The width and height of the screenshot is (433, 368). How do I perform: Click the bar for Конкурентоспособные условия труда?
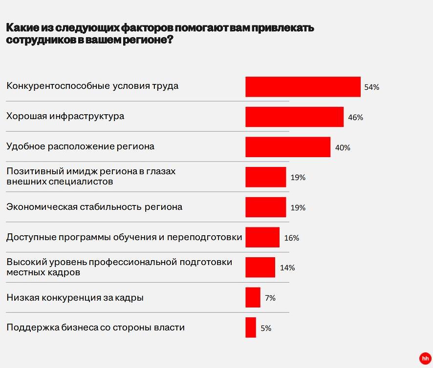tap(303, 87)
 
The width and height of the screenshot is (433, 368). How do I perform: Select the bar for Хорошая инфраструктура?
tap(295, 117)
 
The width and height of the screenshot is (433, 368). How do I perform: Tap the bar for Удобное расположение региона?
tap(288, 147)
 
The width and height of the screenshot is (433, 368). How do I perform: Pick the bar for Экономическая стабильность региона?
tap(266, 207)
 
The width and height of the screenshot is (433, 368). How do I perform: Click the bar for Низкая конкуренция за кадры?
tap(253, 297)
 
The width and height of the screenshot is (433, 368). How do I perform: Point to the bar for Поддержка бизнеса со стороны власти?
tap(251, 327)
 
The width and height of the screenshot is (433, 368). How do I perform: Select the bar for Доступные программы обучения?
tap(262, 237)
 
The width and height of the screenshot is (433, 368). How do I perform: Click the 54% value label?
tap(372, 87)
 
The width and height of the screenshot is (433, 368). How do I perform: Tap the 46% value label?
tap(356, 118)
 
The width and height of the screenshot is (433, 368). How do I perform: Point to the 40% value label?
tap(343, 148)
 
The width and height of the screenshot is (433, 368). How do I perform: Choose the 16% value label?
tap(292, 238)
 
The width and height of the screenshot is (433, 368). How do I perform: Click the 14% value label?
tap(287, 267)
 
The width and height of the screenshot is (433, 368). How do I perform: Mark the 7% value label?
tap(270, 298)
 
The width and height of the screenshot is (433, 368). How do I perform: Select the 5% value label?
tap(266, 328)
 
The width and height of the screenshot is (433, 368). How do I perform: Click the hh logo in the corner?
tap(425, 359)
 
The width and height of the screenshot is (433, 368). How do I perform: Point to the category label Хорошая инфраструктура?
tap(65, 116)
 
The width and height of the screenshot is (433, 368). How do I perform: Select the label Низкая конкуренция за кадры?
tap(75, 297)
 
